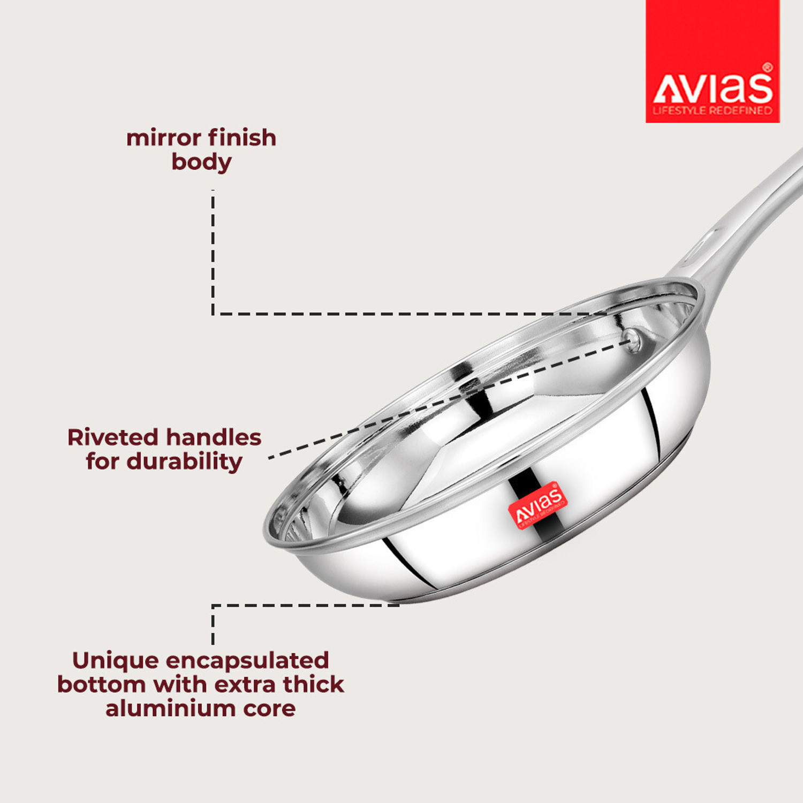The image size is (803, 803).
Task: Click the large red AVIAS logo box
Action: (713, 61)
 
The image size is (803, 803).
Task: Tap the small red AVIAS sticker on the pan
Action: (538, 506)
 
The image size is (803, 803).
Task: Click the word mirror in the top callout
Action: (164, 138)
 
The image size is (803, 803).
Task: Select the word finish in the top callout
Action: (243, 138)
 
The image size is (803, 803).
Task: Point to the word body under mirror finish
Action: (202, 162)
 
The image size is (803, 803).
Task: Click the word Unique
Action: (116, 661)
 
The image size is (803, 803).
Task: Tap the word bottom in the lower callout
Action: (102, 685)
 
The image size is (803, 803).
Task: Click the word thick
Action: (313, 685)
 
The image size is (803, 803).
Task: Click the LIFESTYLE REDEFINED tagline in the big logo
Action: (712, 111)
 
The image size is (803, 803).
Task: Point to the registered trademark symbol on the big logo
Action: (768, 67)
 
